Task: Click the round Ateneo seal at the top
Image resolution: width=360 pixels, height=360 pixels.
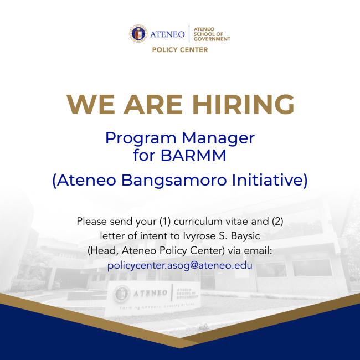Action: click(x=138, y=34)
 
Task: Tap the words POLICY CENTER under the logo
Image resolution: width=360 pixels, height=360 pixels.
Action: click(x=180, y=50)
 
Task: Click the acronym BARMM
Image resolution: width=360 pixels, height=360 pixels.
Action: click(x=193, y=156)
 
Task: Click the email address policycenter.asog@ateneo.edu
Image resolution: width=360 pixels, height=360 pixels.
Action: click(x=180, y=265)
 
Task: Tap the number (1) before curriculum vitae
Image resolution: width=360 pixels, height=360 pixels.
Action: click(x=165, y=222)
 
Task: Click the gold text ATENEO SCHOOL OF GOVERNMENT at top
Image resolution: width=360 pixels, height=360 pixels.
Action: click(x=211, y=34)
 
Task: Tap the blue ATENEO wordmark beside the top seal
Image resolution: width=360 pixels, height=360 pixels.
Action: click(x=167, y=34)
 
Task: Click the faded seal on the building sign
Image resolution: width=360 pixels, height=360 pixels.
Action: click(x=122, y=294)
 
